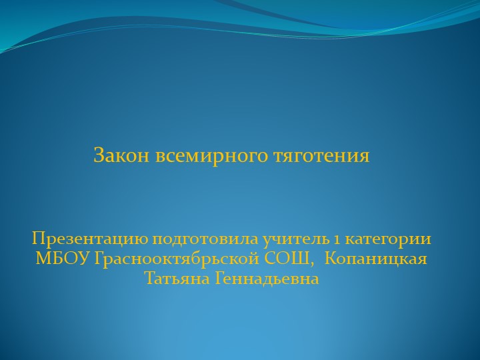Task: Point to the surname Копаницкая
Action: (x=379, y=259)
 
